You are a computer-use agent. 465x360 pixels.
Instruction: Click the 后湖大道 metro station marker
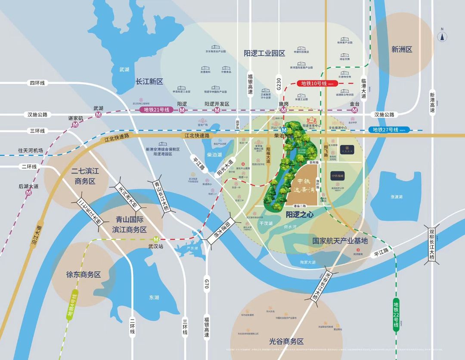28,193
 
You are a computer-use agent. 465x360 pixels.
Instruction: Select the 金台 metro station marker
354,110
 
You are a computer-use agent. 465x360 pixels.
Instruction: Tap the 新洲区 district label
402,50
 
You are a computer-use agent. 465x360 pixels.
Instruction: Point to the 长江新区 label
149,81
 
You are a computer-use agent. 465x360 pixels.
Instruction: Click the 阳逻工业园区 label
264,53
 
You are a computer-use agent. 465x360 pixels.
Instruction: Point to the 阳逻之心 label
298,213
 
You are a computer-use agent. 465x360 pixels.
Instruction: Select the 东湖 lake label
154,297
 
